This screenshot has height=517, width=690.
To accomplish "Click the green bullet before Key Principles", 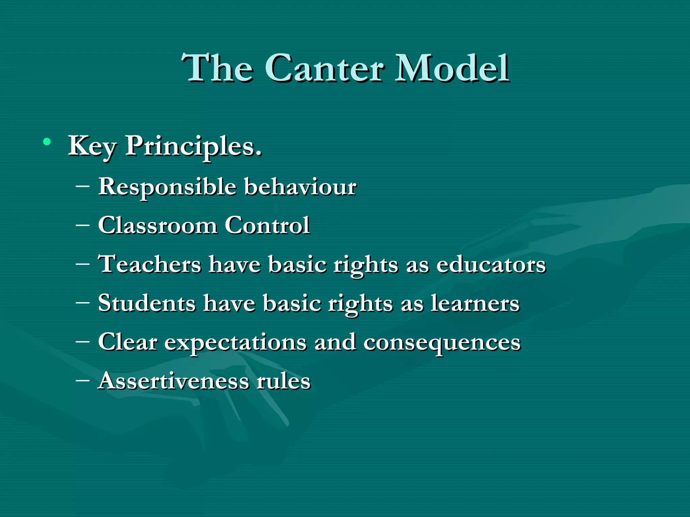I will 47,142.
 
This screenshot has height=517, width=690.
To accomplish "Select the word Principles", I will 194,147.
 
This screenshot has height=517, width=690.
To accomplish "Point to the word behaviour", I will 300,186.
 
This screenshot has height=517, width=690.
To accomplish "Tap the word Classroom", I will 157,225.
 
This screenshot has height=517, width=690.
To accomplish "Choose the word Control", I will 267,225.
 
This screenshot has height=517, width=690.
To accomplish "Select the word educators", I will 491,265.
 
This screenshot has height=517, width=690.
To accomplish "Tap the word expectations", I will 235,343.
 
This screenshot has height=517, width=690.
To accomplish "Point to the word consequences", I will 442,343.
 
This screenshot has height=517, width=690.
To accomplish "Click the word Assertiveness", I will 173,381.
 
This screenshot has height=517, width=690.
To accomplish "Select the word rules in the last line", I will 283,381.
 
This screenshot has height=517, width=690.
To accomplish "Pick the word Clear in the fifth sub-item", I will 128,342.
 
